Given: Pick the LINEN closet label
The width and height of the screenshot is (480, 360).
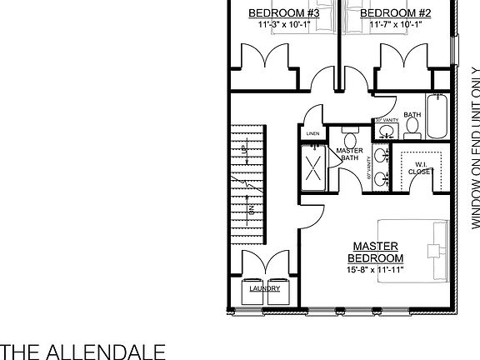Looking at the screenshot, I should pos(313,132).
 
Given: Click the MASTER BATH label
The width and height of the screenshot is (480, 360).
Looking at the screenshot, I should pos(349,154).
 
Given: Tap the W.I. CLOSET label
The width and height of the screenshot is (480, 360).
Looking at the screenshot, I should pos(419,168).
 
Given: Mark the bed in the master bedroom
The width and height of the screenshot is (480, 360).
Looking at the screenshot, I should pos(413,250).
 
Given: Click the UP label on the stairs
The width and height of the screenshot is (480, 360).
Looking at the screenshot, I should pos(245,149).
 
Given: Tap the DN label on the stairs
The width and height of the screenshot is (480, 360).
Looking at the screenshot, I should pos(251,211).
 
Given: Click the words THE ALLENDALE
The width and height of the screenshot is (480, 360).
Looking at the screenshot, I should pos(82,349).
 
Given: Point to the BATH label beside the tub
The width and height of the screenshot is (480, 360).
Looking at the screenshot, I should pos(412,115).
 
